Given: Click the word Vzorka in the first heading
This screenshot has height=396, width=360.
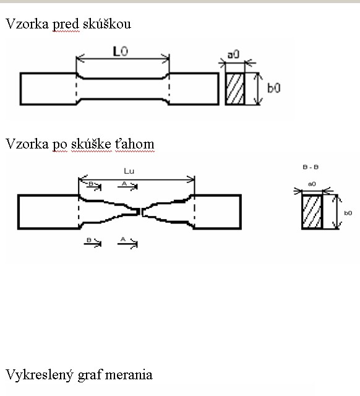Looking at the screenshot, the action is click(x=27, y=24).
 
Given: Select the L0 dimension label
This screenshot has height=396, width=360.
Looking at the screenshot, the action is click(x=121, y=51).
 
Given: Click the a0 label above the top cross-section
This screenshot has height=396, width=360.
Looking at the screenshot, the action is click(x=234, y=54).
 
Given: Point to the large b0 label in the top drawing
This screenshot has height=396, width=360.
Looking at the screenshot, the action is click(x=273, y=88).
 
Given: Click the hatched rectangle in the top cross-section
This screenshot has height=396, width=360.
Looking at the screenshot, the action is click(x=235, y=88).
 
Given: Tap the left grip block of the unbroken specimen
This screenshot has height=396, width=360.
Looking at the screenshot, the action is click(x=48, y=88).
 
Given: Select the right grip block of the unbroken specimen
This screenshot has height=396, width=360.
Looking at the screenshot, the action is click(x=194, y=88).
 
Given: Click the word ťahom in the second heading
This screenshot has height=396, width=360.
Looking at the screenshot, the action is click(x=135, y=144).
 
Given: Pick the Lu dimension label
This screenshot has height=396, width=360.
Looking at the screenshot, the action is click(x=129, y=171).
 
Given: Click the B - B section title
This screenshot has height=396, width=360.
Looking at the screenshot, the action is click(x=311, y=167).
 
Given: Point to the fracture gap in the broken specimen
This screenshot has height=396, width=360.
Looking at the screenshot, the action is click(x=141, y=212).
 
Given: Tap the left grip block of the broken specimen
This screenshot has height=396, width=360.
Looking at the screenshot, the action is click(x=48, y=212).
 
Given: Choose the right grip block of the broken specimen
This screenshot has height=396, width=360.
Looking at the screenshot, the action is click(x=218, y=212).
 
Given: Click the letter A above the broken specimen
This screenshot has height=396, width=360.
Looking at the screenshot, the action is click(x=124, y=184).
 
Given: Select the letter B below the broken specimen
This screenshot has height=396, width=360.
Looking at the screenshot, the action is click(x=89, y=239).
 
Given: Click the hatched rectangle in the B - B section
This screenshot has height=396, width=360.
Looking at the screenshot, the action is click(x=312, y=212).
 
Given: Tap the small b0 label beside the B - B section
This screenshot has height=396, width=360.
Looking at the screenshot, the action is click(x=348, y=213).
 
